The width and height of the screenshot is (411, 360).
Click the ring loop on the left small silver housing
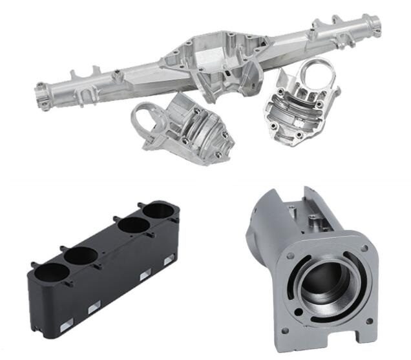tap(145, 118)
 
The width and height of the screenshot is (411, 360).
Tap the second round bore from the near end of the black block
tap(81, 255)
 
